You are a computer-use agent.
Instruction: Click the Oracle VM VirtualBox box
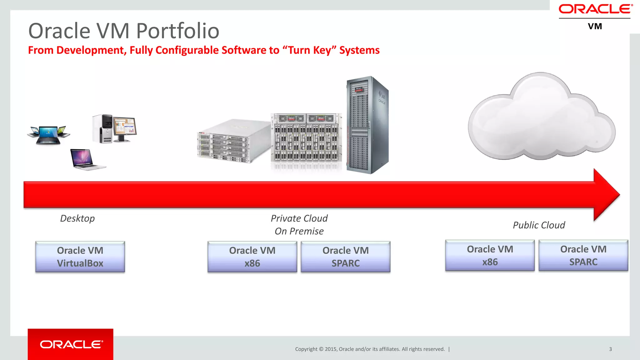coord(80,257)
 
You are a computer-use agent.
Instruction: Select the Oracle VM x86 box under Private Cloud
coord(252,257)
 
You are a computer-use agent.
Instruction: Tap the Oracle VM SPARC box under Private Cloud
coord(345,257)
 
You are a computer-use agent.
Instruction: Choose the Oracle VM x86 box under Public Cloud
coord(490,255)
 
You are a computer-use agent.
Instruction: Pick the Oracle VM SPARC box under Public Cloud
coord(583,255)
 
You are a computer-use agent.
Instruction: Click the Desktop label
coord(77,218)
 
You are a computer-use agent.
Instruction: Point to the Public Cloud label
coord(539,225)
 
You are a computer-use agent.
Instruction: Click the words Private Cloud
coord(299,218)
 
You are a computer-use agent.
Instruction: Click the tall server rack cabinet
coord(367,125)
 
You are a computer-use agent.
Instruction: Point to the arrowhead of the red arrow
coord(606,194)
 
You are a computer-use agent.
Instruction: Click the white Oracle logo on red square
coord(71,344)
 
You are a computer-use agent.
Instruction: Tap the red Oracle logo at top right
coord(595,9)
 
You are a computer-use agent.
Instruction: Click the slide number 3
coord(610,349)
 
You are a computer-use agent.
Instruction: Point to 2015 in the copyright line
coord(331,349)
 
